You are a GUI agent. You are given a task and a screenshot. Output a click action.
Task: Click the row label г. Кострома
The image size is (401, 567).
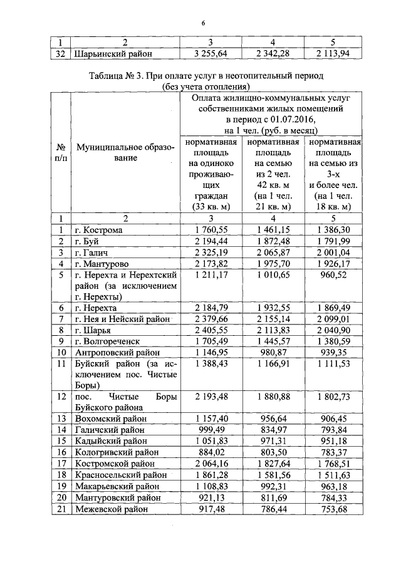[98, 230]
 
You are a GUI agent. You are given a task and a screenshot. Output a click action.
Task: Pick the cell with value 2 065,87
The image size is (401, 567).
[273, 252]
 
